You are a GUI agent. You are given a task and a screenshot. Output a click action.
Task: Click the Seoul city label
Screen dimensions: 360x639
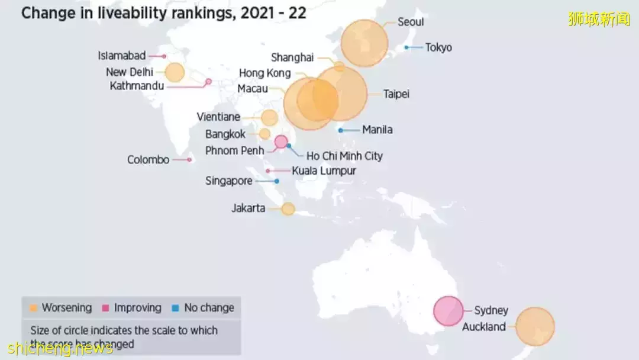pyautogui.click(x=410, y=22)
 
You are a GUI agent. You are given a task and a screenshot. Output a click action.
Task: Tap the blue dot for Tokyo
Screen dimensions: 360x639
pyautogui.click(x=406, y=47)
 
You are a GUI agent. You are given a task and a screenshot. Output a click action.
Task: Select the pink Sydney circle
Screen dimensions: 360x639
pyautogui.click(x=448, y=311)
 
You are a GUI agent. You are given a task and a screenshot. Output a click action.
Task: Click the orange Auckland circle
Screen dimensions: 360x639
pyautogui.click(x=535, y=326)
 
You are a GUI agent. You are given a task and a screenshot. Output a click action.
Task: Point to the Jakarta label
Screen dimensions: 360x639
pyautogui.click(x=248, y=208)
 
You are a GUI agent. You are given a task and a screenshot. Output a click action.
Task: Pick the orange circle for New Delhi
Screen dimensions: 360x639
pyautogui.click(x=175, y=72)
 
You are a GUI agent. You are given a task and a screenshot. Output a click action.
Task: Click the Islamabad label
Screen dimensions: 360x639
pyautogui.click(x=121, y=56)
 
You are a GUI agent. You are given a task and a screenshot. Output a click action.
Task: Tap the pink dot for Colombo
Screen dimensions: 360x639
pyautogui.click(x=189, y=159)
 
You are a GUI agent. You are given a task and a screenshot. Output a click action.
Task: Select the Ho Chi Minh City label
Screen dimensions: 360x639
pyautogui.click(x=344, y=156)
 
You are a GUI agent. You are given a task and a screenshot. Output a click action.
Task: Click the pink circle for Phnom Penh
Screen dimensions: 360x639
pyautogui.click(x=281, y=141)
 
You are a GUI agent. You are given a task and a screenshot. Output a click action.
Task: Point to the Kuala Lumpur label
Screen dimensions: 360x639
pyautogui.click(x=324, y=171)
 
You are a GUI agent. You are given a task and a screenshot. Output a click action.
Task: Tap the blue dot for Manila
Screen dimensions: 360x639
pyautogui.click(x=341, y=130)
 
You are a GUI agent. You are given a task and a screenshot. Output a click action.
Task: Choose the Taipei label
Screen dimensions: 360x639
pyautogui.click(x=396, y=94)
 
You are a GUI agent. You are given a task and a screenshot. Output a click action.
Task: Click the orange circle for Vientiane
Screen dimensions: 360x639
pyautogui.click(x=269, y=117)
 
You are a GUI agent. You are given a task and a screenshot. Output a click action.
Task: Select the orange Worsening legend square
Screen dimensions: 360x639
pyautogui.click(x=34, y=308)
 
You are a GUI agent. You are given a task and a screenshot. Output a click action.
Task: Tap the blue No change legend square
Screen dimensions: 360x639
pyautogui.click(x=176, y=308)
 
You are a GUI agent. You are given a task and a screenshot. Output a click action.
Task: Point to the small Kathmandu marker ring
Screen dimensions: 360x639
pyautogui.click(x=208, y=82)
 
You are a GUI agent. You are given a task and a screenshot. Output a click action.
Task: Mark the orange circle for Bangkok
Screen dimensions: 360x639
pyautogui.click(x=264, y=134)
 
